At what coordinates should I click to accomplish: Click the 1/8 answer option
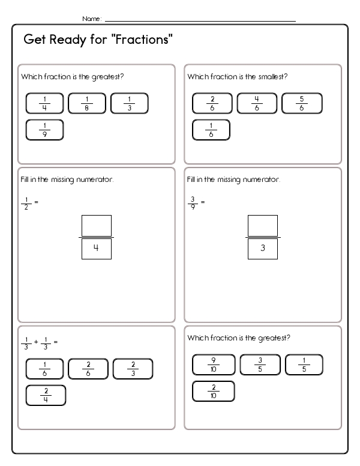click(x=87, y=103)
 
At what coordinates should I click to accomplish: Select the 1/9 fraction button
click(x=45, y=130)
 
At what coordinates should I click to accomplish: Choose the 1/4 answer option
click(x=45, y=103)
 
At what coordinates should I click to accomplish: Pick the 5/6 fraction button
click(x=302, y=103)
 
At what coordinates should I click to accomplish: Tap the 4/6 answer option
click(x=257, y=103)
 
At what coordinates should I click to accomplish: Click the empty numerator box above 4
click(x=96, y=226)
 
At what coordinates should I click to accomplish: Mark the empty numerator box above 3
click(x=262, y=226)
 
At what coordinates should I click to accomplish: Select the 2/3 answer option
click(x=133, y=369)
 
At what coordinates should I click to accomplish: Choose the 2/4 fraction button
click(x=46, y=395)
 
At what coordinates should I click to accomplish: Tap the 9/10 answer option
click(x=213, y=365)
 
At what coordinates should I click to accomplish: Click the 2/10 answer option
click(x=213, y=391)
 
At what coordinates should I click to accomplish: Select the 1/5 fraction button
click(x=304, y=365)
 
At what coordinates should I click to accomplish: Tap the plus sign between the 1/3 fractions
click(x=35, y=342)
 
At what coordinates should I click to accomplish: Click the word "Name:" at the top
click(x=92, y=19)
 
